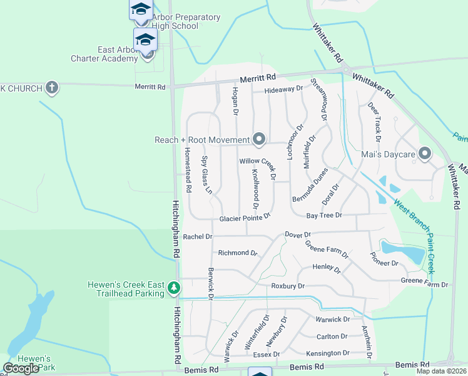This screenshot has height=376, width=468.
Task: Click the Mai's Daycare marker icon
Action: [x=425, y=153]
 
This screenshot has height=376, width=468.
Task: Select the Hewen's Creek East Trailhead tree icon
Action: [x=173, y=289]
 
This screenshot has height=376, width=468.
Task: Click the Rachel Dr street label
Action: [x=198, y=237]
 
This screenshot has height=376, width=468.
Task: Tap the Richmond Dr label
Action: [x=238, y=253]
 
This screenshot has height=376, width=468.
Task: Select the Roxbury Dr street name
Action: [x=288, y=286]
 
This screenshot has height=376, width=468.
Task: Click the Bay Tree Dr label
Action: [x=324, y=216]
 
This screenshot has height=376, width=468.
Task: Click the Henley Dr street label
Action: [x=327, y=269]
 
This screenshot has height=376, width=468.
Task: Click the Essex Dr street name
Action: [x=267, y=355]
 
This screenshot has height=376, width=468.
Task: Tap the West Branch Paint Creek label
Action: [x=414, y=234]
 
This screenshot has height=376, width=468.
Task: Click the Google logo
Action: [x=21, y=368]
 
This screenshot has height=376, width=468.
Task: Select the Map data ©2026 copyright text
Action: [x=441, y=371]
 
